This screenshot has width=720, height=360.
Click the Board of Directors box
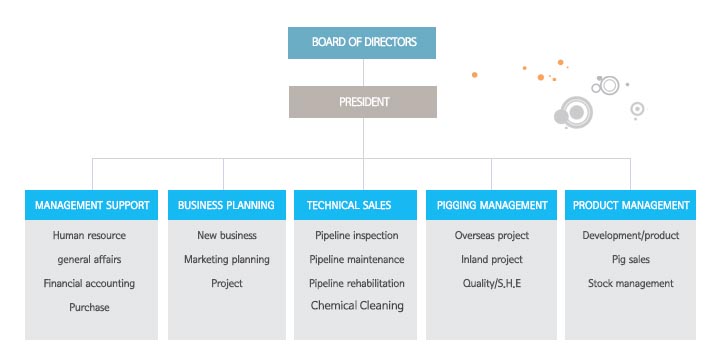click(x=362, y=43)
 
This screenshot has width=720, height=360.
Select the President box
click(x=363, y=102)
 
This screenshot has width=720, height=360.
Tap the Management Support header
click(x=91, y=205)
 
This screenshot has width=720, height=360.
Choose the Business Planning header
click(x=227, y=205)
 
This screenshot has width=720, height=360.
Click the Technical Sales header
click(x=355, y=205)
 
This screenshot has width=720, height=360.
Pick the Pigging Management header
click(x=491, y=205)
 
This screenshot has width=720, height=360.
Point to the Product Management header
click(x=630, y=205)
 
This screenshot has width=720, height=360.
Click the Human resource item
click(x=89, y=236)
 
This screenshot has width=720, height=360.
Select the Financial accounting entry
click(x=89, y=283)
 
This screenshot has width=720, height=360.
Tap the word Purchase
click(x=89, y=307)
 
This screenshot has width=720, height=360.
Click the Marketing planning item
click(x=227, y=259)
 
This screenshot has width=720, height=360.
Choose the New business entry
click(x=227, y=236)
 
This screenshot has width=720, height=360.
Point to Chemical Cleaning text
click(x=357, y=305)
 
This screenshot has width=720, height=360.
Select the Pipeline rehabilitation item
click(x=357, y=283)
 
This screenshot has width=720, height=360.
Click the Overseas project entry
click(x=492, y=236)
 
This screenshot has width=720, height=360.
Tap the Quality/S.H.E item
click(x=492, y=283)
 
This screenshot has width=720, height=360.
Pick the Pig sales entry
click(x=631, y=259)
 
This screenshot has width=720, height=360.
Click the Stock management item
click(x=631, y=283)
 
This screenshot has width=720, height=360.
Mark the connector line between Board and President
click(x=363, y=73)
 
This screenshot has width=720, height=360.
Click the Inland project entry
click(x=492, y=259)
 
